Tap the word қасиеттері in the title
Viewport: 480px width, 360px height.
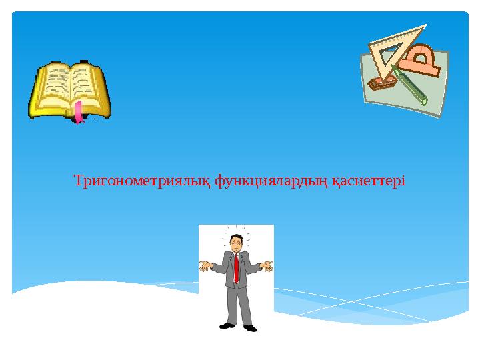coord(369,181)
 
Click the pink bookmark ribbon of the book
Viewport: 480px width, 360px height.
coord(79,113)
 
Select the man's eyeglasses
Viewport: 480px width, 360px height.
coord(237,244)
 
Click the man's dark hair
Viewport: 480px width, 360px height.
coord(235,237)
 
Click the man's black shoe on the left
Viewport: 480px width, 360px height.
coord(227,325)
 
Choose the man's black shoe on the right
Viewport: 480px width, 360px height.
coord(250,327)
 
